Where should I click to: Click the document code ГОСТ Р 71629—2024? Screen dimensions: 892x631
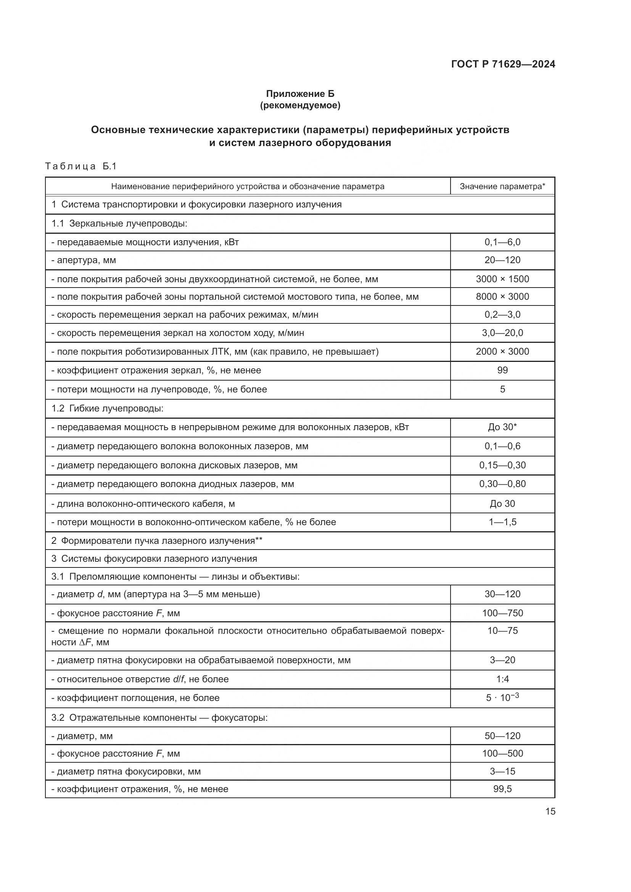click(503, 64)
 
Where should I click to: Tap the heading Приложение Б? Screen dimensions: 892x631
click(300, 94)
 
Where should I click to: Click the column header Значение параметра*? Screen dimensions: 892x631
click(502, 186)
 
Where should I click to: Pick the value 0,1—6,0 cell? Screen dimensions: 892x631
click(502, 242)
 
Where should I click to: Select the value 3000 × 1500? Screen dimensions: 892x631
click(502, 279)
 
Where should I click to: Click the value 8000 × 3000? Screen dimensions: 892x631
click(502, 296)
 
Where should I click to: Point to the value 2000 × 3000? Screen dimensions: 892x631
click(502, 351)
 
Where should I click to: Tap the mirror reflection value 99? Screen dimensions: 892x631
click(502, 370)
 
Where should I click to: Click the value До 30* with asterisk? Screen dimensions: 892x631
click(502, 427)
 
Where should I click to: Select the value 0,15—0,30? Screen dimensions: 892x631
click(502, 465)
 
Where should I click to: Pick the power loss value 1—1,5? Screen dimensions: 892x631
click(502, 522)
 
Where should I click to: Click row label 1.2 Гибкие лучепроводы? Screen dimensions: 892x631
click(107, 408)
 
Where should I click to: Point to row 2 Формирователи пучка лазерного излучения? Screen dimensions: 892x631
click(157, 540)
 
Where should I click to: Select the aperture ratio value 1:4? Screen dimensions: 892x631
click(502, 679)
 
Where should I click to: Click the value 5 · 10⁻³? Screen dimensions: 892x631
click(502, 698)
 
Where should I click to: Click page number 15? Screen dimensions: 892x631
click(550, 811)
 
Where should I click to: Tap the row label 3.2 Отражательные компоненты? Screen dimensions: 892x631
click(159, 717)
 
